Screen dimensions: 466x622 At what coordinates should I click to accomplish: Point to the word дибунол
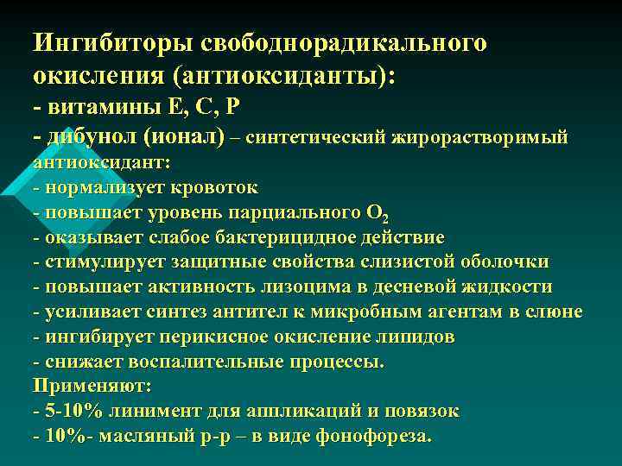point(89,136)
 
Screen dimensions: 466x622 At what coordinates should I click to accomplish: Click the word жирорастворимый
point(483,137)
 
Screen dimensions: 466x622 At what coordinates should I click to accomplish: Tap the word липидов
point(415,337)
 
